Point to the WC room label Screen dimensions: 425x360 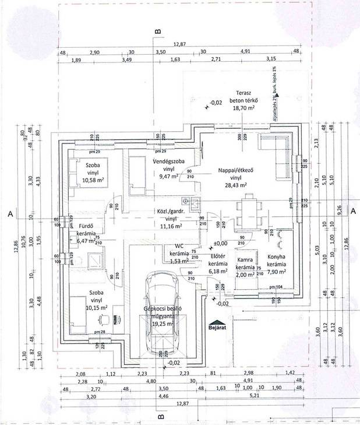pos(178,247)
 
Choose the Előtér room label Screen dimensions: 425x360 pos(217,256)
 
